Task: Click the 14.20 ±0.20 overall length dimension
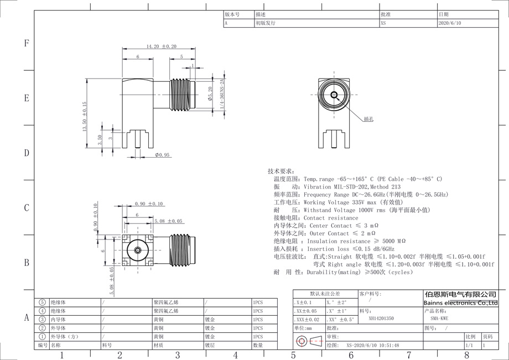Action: coord(161,46)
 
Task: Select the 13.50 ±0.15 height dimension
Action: coord(85,116)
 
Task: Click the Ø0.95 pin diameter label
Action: coord(162,155)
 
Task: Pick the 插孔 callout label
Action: coord(369,119)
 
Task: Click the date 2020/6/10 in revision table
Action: coord(449,24)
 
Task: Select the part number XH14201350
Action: coord(381,319)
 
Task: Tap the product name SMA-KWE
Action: coord(440,319)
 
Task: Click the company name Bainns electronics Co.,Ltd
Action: coord(460,303)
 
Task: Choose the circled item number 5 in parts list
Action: coord(43,302)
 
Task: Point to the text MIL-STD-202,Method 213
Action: coord(363,187)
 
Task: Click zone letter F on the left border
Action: coord(26,44)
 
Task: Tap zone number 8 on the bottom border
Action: coord(466,354)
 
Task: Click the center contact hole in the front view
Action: coord(334,95)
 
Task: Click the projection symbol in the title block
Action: coord(309,341)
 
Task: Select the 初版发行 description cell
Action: coord(265,24)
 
